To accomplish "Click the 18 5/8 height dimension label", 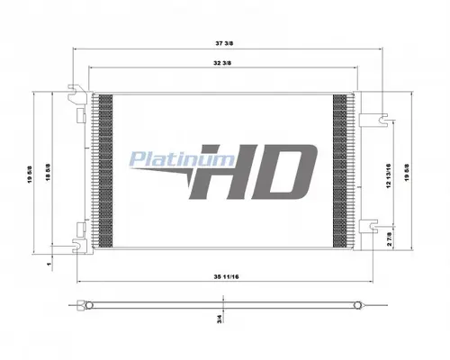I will (x=47, y=166).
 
